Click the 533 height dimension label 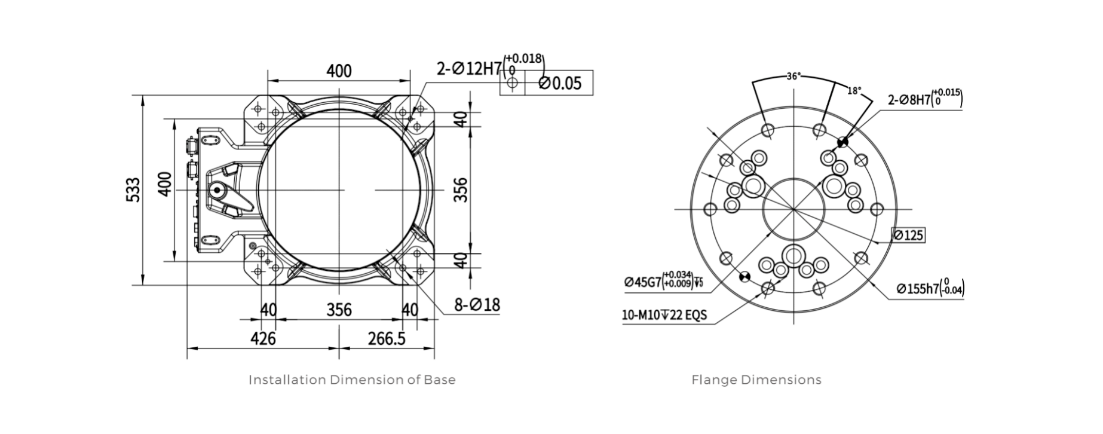(x=134, y=190)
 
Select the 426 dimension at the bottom (x=263, y=338)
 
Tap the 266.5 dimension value (x=387, y=338)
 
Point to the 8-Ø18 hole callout (x=477, y=305)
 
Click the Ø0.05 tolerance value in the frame (x=559, y=83)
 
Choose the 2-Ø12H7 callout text (x=469, y=68)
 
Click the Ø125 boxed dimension (x=908, y=235)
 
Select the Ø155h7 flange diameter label (x=929, y=288)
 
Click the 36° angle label (x=793, y=77)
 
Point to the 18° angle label (x=854, y=91)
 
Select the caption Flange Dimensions (x=756, y=380)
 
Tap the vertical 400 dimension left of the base (x=166, y=184)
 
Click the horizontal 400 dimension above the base (x=339, y=71)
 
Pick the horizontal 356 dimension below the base (x=339, y=310)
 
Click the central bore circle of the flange (x=793, y=209)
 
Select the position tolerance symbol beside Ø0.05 (x=511, y=84)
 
